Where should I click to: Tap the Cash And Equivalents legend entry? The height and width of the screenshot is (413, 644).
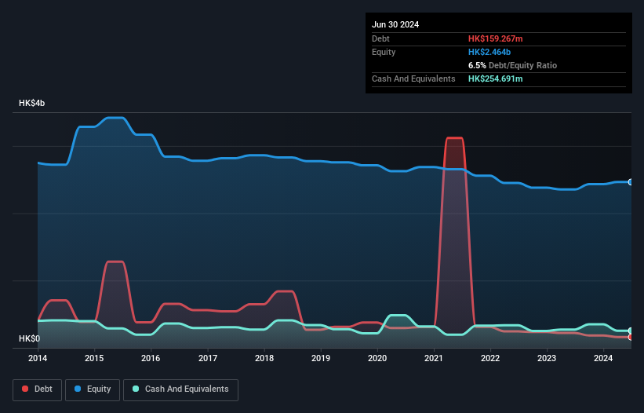180,389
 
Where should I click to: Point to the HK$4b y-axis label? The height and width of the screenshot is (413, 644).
32,104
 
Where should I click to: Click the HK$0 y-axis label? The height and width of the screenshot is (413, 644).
29,338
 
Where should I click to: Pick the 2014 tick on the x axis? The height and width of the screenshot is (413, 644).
38,358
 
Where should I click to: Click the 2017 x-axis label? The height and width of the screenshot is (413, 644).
208,358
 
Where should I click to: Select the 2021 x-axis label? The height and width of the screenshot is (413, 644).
434,358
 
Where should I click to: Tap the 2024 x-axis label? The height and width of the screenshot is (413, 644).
603,358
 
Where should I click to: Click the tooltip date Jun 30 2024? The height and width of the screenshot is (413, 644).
395,24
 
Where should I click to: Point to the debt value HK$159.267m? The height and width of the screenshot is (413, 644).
495,38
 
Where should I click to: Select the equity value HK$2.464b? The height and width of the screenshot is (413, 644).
488,52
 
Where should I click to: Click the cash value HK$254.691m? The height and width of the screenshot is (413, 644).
495,79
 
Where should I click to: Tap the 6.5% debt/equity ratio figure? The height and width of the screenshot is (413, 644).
478,65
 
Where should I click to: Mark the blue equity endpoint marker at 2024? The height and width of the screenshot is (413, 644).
631,181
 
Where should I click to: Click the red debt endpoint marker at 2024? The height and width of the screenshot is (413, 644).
631,337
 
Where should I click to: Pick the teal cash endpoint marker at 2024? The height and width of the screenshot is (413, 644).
631,331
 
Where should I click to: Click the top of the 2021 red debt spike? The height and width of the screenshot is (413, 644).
454,138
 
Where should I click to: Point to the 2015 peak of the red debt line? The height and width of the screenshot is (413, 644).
115,261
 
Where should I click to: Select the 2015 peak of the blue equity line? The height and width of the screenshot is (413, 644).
115,118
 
